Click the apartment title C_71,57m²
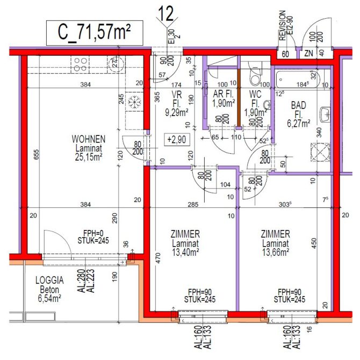click(94, 33)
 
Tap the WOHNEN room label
click(88, 139)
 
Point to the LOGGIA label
click(49, 280)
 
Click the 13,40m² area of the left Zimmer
click(185, 251)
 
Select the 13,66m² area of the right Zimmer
click(276, 251)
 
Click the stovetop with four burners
click(80, 64)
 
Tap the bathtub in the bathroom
click(297, 79)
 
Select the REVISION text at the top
click(282, 25)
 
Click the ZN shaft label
click(309, 54)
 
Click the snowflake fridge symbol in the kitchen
click(135, 102)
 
